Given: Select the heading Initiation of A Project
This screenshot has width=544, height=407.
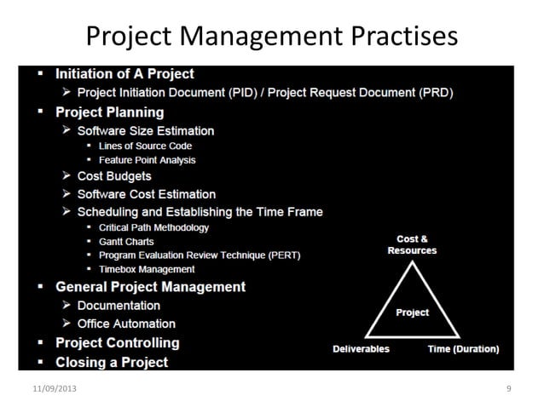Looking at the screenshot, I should [x=124, y=74].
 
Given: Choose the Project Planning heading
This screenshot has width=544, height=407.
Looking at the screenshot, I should [x=109, y=112].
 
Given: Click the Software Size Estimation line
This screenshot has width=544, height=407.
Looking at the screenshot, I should [x=145, y=131].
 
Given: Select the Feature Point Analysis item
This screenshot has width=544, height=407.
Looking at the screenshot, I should [x=147, y=160].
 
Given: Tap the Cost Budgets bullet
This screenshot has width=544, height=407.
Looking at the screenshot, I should [x=114, y=176].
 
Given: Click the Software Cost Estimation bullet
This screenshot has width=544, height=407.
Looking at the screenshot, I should [x=146, y=194].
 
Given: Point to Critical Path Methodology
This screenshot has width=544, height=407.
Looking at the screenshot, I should [x=153, y=227].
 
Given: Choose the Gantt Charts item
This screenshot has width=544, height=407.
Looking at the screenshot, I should [x=126, y=242].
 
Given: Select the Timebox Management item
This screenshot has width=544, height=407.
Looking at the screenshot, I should [x=147, y=269].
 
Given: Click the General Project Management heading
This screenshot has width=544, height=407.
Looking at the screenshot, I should [x=150, y=287].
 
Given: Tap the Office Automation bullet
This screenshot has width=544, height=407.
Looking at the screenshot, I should [x=126, y=324].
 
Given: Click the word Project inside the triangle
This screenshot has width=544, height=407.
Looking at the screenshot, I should [x=412, y=312].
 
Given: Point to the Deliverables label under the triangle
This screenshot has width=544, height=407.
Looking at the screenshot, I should [x=361, y=349].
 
